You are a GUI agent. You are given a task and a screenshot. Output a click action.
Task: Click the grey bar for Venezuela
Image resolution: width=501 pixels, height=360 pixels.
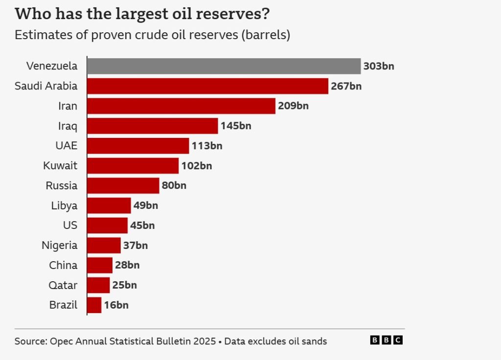pyautogui.click(x=224, y=66)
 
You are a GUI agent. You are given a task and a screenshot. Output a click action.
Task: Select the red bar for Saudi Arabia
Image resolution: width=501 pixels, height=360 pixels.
pyautogui.click(x=207, y=86)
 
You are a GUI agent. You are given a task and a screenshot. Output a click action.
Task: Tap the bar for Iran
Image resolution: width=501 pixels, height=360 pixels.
pyautogui.click(x=181, y=106)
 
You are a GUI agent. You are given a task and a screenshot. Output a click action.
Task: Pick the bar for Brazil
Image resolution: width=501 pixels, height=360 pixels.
pyautogui.click(x=94, y=305)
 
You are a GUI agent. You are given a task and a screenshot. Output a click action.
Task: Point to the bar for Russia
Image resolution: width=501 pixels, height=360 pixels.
pyautogui.click(x=123, y=185)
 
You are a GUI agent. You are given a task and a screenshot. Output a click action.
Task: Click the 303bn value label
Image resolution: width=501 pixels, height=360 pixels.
pyautogui.click(x=379, y=66)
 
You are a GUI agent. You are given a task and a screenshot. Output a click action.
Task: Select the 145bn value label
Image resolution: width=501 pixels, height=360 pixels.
pyautogui.click(x=236, y=126)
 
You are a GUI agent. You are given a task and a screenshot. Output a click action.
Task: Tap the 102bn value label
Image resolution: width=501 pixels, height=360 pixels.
pyautogui.click(x=197, y=166)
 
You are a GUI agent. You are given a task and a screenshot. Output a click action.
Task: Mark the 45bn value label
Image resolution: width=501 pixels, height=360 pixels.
pyautogui.click(x=142, y=225)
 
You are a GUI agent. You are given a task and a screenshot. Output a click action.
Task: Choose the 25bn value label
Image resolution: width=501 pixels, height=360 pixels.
pyautogui.click(x=125, y=285)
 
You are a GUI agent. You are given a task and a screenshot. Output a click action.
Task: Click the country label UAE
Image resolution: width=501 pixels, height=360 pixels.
pyautogui.click(x=67, y=146)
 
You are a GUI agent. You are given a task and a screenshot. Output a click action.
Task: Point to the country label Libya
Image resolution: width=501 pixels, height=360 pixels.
pyautogui.click(x=64, y=205)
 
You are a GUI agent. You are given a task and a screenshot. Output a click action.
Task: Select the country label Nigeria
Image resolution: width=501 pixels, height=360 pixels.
pyautogui.click(x=59, y=246)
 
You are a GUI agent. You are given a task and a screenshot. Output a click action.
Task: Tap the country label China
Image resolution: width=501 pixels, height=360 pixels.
pyautogui.click(x=63, y=266)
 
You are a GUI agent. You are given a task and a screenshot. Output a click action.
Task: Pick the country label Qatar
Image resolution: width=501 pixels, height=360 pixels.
pyautogui.click(x=63, y=285)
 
